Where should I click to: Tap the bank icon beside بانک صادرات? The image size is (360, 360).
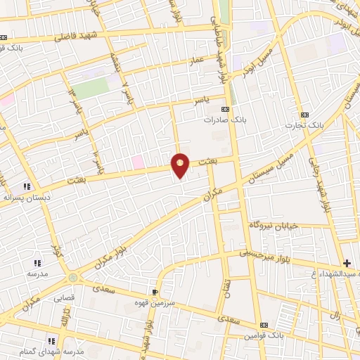(x=226, y=109)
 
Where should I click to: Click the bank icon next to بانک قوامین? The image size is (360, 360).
(x=263, y=326)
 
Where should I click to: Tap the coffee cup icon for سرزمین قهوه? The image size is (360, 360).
(x=155, y=291)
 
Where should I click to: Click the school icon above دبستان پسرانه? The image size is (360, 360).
(x=26, y=186)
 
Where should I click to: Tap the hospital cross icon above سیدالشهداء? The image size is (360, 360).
(x=347, y=262)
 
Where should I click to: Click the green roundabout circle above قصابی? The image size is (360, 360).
(x=74, y=278)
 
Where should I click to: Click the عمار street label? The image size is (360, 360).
(x=195, y=62)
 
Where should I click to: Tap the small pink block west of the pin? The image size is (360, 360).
(x=138, y=162)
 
